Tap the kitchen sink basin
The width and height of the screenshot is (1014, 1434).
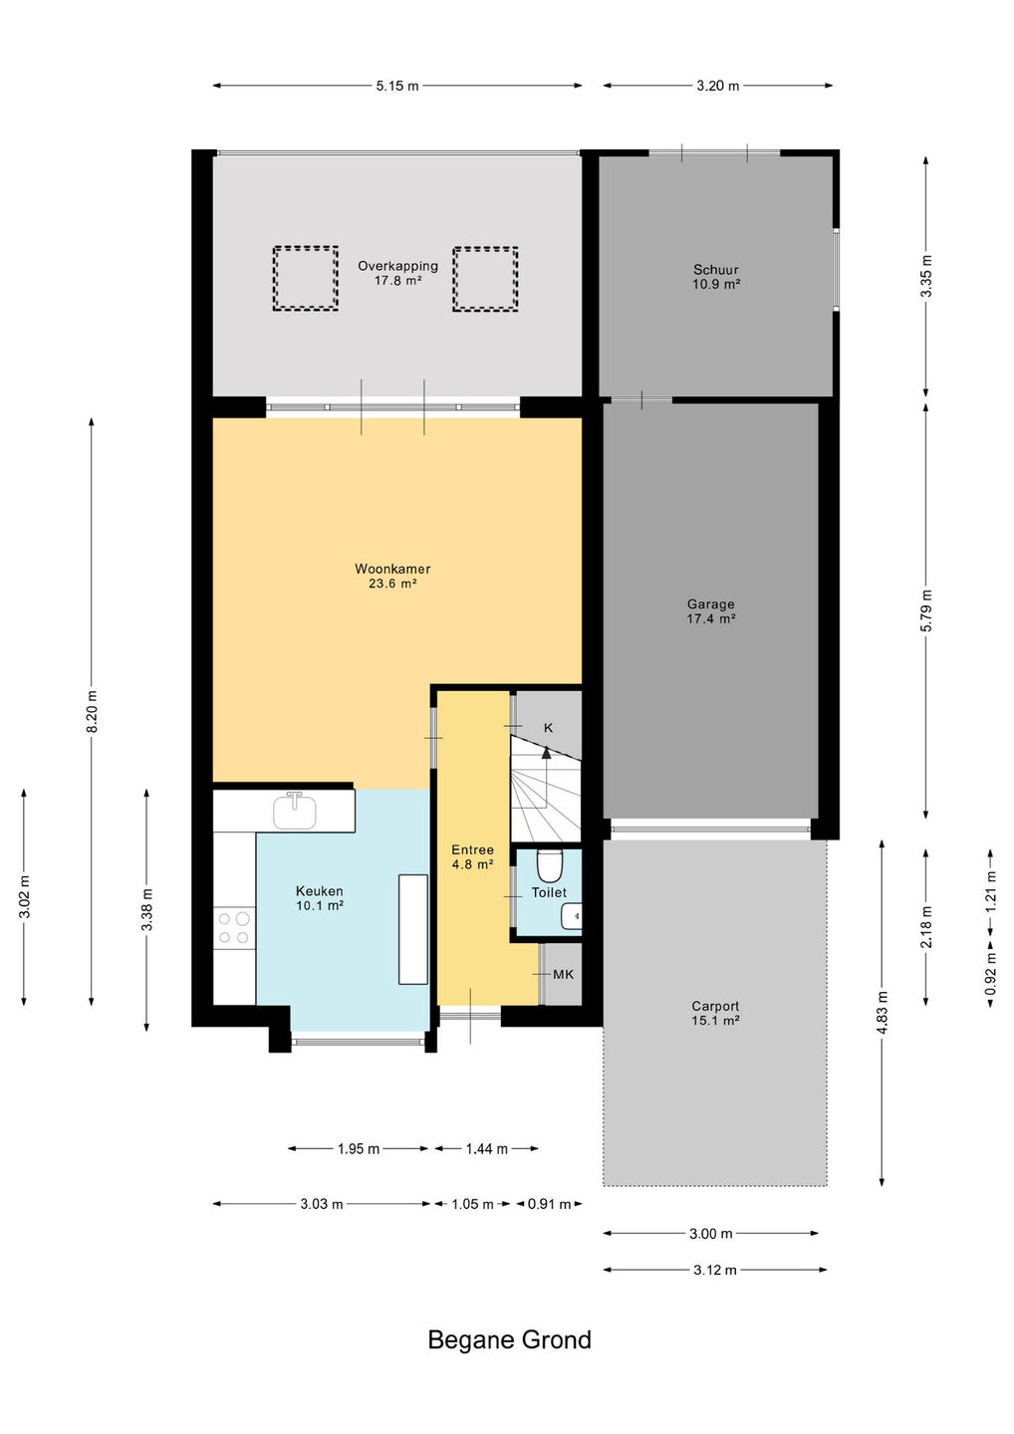pyautogui.click(x=295, y=812)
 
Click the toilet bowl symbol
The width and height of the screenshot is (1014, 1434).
pyautogui.click(x=549, y=865)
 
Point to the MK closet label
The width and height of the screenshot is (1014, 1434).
pyautogui.click(x=564, y=974)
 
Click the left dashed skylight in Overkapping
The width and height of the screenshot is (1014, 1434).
pyautogui.click(x=306, y=279)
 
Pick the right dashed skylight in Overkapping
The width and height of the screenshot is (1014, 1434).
pyautogui.click(x=485, y=279)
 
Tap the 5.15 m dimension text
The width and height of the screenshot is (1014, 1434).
pyautogui.click(x=397, y=86)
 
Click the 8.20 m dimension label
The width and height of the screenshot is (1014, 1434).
pyautogui.click(x=93, y=711)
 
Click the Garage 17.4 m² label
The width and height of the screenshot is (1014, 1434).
pyautogui.click(x=710, y=610)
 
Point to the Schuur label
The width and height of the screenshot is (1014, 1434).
pyautogui.click(x=716, y=270)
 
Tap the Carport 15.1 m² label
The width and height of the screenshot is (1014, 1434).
pyautogui.click(x=715, y=1013)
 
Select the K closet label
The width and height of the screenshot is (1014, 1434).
pyautogui.click(x=548, y=728)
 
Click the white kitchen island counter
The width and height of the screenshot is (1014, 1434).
pyautogui.click(x=413, y=929)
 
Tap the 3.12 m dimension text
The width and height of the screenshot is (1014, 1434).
pyautogui.click(x=714, y=1270)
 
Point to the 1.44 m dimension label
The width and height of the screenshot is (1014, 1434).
pyautogui.click(x=486, y=1148)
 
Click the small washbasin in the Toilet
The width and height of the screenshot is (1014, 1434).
pyautogui.click(x=571, y=916)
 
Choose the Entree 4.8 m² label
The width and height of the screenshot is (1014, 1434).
pyautogui.click(x=472, y=856)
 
